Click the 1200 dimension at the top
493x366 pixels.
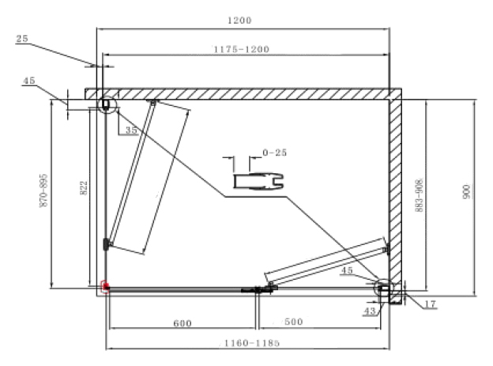[239, 21]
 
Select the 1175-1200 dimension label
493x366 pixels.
[242, 50]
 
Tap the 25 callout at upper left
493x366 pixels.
[22, 39]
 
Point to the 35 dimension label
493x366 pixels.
[131, 130]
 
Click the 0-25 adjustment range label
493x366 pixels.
[275, 153]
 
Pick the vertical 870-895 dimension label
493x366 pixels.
[43, 191]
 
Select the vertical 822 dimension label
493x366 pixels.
[84, 188]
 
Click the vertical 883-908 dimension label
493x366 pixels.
[419, 195]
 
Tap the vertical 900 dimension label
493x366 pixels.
[467, 191]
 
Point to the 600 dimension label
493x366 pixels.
[183, 323]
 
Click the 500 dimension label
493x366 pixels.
[294, 322]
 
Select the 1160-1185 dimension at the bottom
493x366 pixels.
[251, 343]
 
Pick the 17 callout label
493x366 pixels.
[431, 304]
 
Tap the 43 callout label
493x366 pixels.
[370, 311]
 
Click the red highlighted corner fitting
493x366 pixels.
[105, 287]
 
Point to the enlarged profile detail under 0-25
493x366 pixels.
[258, 182]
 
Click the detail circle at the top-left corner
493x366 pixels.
[107, 96]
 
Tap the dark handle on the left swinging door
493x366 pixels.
[107, 244]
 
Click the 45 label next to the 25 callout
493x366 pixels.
[29, 81]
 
